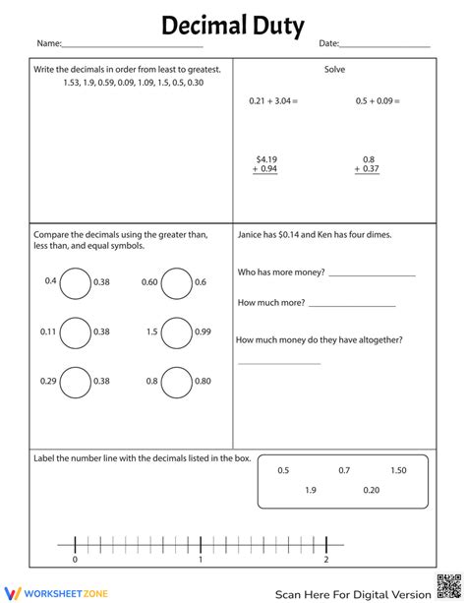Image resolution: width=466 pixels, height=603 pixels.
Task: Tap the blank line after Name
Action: pos(133,47)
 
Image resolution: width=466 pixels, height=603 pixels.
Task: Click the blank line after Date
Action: pos(385,47)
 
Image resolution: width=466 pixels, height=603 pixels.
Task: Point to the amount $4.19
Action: pos(267,158)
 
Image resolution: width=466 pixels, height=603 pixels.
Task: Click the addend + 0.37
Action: pos(368,169)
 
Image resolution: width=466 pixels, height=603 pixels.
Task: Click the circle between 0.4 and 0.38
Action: pos(75,283)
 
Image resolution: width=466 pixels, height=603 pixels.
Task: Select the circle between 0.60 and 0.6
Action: pos(176,283)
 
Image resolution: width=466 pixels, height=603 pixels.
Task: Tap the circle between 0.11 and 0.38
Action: pos(75,332)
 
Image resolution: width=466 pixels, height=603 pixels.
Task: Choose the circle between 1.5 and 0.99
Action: pos(176,332)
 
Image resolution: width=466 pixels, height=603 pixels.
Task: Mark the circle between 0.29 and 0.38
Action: pos(75,382)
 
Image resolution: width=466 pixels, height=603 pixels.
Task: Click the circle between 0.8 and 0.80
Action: pos(176,382)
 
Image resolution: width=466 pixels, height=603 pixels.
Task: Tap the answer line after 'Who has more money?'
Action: pos(372,275)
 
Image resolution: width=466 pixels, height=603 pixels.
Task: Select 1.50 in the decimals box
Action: pos(398,471)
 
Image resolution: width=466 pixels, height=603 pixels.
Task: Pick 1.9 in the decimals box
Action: pos(311,490)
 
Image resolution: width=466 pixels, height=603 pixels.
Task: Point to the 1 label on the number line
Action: pos(201,560)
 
